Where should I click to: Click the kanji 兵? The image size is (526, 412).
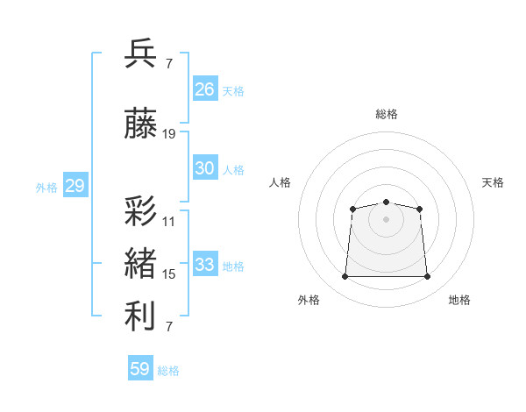tap(140, 53)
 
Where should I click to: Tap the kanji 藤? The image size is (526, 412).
tap(140, 123)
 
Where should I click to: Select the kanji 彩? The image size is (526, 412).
tap(140, 211)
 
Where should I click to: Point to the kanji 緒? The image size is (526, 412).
tap(140, 263)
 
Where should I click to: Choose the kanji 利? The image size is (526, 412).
tap(140, 316)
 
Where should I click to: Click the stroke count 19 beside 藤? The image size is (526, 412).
tap(168, 134)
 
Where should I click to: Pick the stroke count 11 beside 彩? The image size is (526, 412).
tap(168, 222)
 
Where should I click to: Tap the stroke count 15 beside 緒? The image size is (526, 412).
tap(168, 274)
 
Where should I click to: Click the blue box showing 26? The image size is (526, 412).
tap(205, 89)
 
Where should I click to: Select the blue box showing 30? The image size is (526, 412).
tap(205, 167)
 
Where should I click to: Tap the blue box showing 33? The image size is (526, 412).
tap(205, 263)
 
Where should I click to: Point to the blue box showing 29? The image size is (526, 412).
tap(75, 185)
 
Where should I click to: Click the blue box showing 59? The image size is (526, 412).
tap(140, 367)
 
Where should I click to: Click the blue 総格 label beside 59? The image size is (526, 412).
tap(168, 371)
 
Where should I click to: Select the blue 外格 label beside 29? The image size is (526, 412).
tap(46, 188)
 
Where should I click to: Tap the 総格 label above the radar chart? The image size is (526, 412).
tap(387, 114)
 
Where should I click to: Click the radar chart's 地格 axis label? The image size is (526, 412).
tap(459, 300)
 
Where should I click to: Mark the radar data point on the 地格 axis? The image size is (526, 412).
tap(427, 276)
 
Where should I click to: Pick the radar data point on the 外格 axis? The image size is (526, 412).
tap(345, 276)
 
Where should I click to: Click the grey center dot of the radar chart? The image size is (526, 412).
tap(386, 219)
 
